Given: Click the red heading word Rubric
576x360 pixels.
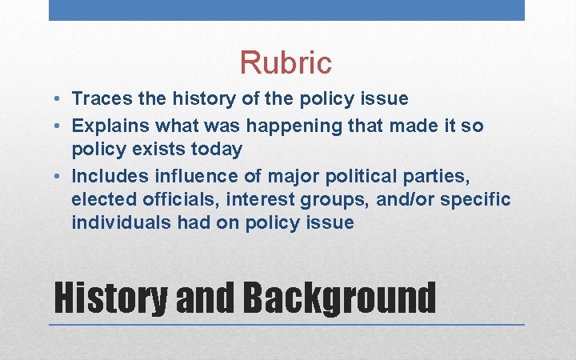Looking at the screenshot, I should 286,62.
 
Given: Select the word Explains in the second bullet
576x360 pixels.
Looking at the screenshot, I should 109,126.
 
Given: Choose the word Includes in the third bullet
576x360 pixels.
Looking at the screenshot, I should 107,175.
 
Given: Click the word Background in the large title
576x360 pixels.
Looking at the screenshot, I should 339,297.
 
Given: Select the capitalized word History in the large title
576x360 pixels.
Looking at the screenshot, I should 110,297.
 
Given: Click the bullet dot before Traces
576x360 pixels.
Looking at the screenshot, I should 60,100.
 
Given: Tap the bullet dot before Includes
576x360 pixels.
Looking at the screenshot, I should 60,176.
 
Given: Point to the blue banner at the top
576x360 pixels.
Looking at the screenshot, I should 286,10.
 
